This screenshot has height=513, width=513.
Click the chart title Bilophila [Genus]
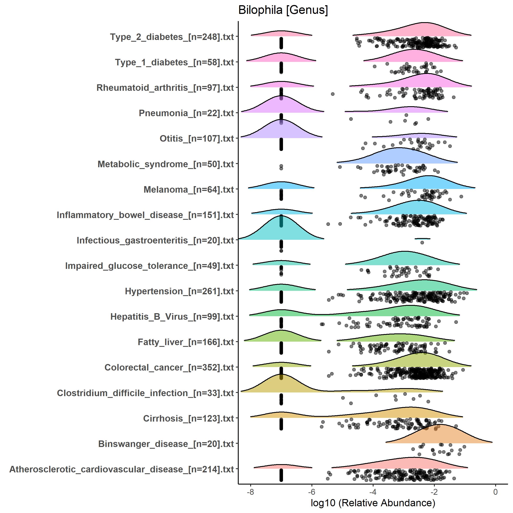(x=283, y=10)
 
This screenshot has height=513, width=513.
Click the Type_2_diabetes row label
(x=172, y=37)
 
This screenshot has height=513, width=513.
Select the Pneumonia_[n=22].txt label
(x=186, y=113)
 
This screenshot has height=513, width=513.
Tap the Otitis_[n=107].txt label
(x=197, y=139)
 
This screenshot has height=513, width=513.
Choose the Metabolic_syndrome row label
(x=166, y=164)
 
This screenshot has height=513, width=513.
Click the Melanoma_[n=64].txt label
(x=189, y=190)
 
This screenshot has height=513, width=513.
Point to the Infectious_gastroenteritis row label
(x=155, y=240)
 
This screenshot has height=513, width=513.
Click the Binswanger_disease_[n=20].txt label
(x=166, y=444)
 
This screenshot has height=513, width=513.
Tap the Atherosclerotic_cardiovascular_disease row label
(x=122, y=469)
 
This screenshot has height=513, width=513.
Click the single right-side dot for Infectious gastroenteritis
(x=422, y=242)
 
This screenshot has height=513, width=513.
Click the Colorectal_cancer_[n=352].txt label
(x=169, y=367)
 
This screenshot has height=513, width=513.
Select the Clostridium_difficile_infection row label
(x=145, y=393)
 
